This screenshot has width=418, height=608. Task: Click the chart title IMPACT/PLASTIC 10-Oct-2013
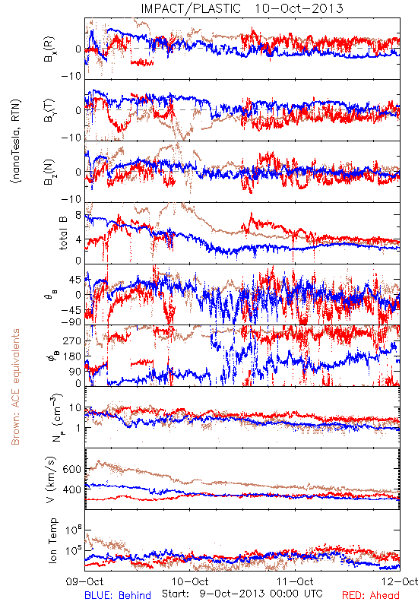pos(242,8)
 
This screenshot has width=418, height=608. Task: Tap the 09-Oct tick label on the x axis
pos(84,581)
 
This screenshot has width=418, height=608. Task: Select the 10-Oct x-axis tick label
pos(190,581)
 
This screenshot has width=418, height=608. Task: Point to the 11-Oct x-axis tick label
pos(296,581)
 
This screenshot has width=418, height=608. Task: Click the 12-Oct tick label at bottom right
pos(401,581)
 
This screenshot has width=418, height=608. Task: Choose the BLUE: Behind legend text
pos(118,595)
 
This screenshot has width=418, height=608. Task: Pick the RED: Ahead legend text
pos(371,595)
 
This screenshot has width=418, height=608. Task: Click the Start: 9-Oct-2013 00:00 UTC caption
pos(242,594)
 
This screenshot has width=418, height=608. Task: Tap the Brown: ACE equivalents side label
pos(15,387)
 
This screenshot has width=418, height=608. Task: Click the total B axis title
pos(63,233)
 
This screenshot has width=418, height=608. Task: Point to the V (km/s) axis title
pos(51,480)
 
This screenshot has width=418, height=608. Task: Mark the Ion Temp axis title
pos(52,540)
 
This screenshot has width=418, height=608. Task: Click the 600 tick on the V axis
pos(71,469)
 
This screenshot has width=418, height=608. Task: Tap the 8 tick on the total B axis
pos(78,215)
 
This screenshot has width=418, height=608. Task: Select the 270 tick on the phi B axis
pos(72,341)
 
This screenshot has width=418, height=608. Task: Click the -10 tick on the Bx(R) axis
pos(71,75)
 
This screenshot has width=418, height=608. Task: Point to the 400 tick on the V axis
pos(71,489)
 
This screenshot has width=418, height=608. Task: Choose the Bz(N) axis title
pos(49,172)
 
